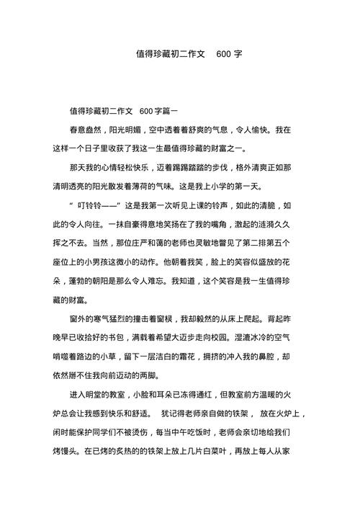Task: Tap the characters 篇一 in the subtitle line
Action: click(x=178, y=111)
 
